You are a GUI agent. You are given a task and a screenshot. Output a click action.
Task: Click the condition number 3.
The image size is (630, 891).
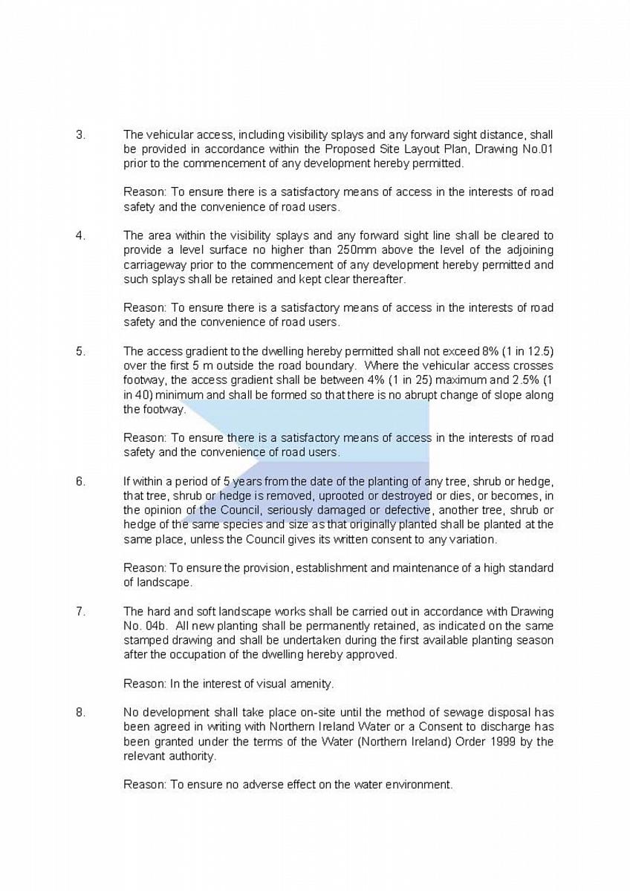[x=80, y=135]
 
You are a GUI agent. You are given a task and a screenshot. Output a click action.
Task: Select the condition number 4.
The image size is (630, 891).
[x=80, y=236]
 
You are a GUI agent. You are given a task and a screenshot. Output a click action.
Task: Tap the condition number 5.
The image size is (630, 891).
[x=80, y=351]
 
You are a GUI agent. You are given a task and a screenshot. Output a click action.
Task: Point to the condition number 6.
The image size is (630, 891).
[x=80, y=481]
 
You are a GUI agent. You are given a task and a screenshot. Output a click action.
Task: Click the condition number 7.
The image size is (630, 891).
[x=80, y=611]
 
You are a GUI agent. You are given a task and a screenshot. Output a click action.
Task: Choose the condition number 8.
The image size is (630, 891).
[x=80, y=713]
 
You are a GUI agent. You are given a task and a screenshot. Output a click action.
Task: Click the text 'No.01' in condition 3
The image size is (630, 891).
[x=537, y=149]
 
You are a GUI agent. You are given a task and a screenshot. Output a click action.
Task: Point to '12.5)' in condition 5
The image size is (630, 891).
[x=540, y=351]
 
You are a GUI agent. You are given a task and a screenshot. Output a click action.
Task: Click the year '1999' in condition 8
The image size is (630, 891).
[x=507, y=742]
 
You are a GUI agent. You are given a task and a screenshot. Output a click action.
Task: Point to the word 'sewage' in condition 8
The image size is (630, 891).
[x=417, y=713]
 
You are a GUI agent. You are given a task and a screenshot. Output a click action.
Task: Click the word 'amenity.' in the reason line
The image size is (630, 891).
[x=311, y=683]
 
